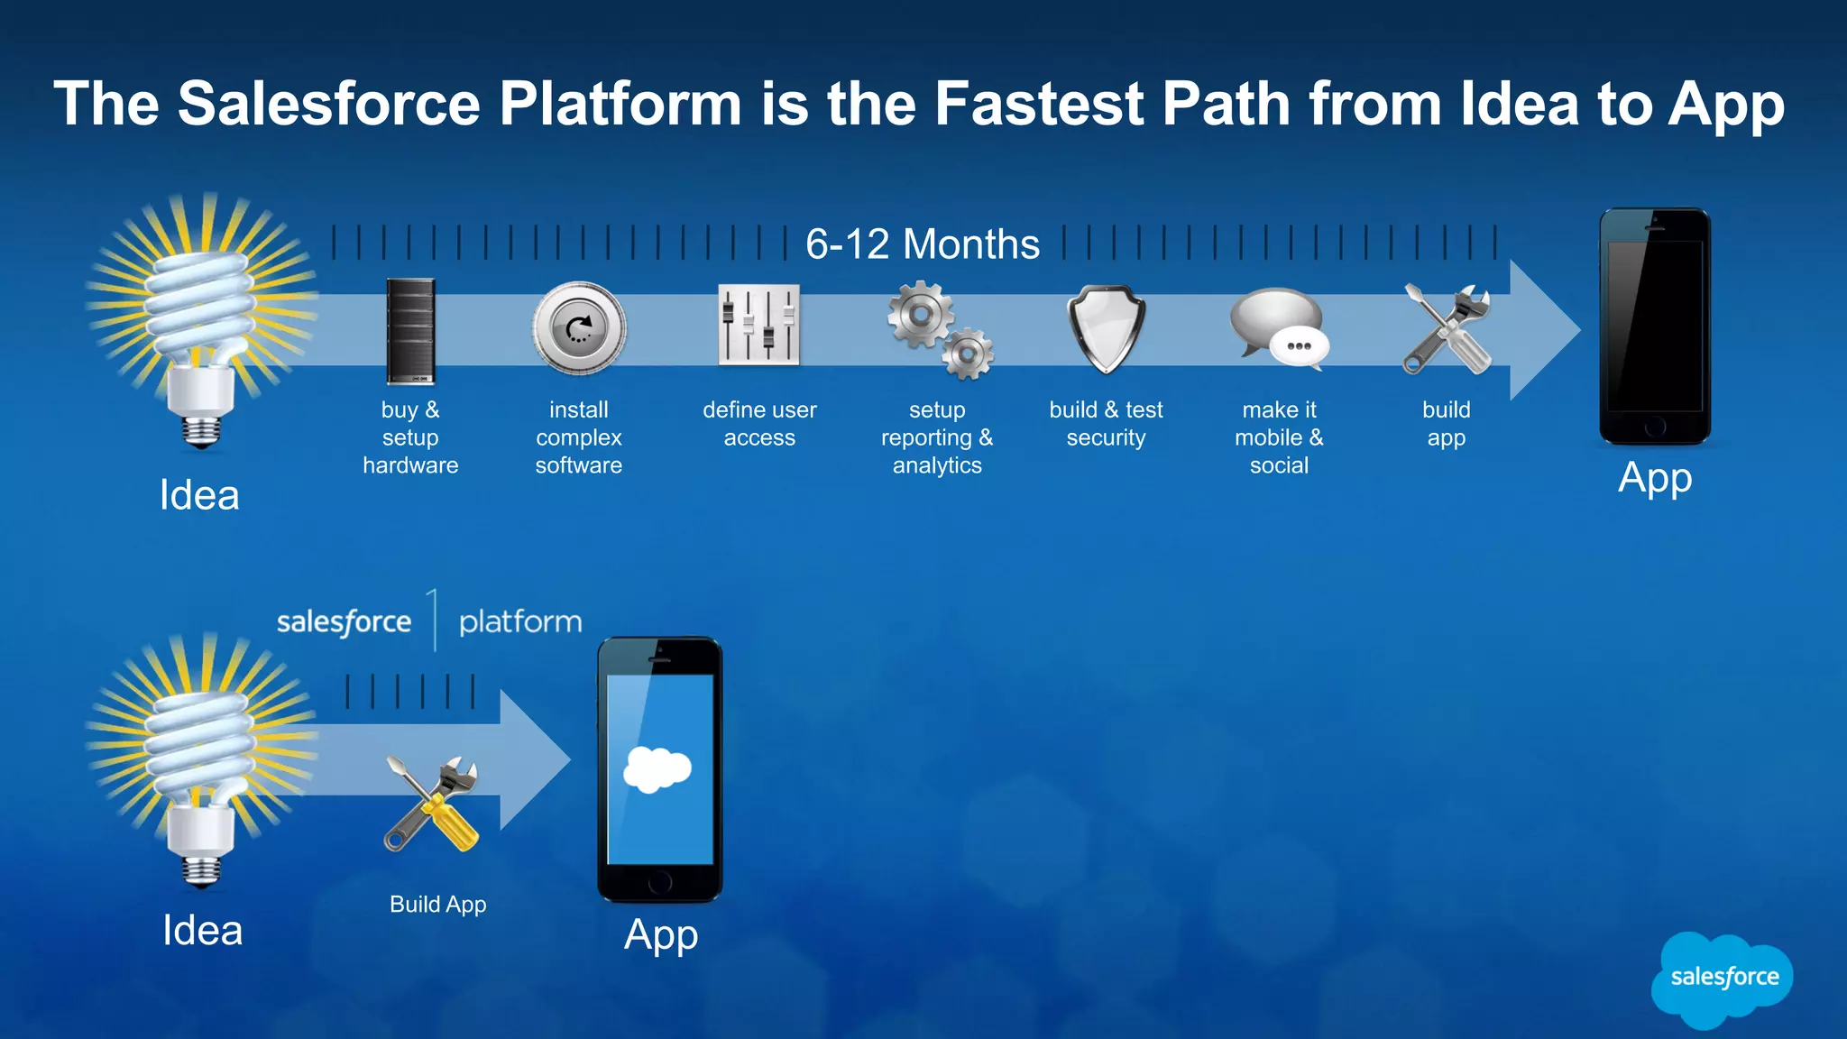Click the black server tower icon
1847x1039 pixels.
(x=410, y=331)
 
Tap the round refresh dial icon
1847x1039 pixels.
(x=578, y=328)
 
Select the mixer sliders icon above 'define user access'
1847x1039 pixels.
(x=758, y=325)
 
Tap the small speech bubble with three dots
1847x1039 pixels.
(x=1300, y=346)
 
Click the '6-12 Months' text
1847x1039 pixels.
(x=922, y=244)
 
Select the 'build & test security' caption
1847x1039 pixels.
(x=1106, y=424)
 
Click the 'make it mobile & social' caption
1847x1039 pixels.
(x=1279, y=437)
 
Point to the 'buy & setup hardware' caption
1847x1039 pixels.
(x=410, y=437)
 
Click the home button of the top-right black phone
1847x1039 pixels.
(x=1654, y=428)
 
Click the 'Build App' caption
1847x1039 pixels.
(x=437, y=905)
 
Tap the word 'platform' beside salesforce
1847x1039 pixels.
(x=520, y=622)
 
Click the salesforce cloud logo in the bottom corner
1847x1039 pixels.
(x=1723, y=979)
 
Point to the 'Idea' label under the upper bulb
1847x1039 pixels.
(x=199, y=495)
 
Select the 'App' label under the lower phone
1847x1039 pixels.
(x=661, y=936)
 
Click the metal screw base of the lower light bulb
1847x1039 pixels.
(x=201, y=871)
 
